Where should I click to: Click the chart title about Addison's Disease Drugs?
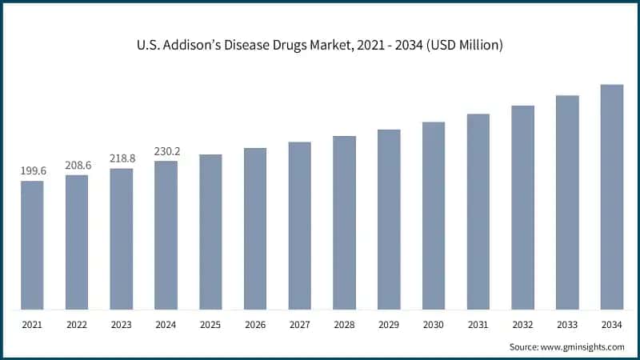(320, 46)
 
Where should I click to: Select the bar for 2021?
(32, 245)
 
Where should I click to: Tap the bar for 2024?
(166, 235)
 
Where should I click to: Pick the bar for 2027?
(300, 226)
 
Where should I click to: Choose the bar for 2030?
(434, 216)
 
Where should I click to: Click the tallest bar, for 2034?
(612, 197)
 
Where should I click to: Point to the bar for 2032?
(522, 207)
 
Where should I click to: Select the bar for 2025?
(210, 232)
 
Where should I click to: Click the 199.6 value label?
(32, 170)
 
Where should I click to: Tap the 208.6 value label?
(77, 164)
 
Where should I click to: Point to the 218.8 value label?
(122, 158)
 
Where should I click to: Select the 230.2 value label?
(166, 150)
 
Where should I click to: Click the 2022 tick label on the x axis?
(77, 325)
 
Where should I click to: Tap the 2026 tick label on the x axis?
(255, 325)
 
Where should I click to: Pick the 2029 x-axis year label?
(389, 325)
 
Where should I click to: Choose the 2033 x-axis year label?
(567, 325)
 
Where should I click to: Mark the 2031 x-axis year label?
(478, 325)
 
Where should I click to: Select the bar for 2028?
(344, 222)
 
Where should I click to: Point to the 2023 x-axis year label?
(122, 325)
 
